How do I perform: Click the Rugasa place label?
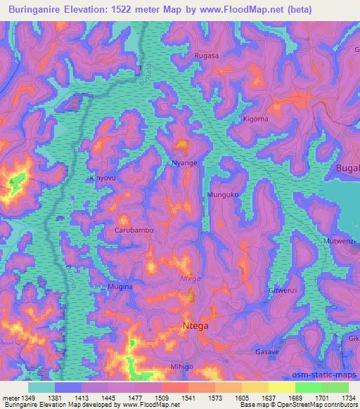point(207,55)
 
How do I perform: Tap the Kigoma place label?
point(255,119)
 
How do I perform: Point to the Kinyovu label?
point(103,178)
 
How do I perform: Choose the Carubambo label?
point(134,230)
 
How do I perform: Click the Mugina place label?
point(120,287)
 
